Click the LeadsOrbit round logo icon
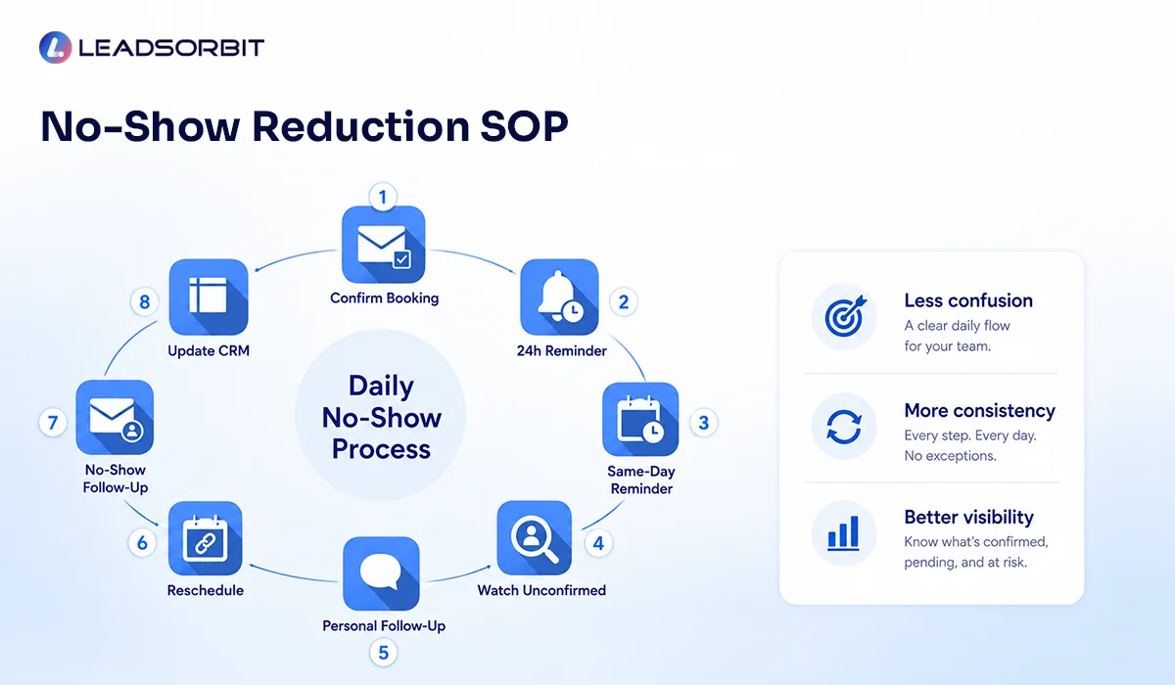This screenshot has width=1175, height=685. point(55,48)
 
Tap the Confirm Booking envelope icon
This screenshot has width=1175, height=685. point(384,245)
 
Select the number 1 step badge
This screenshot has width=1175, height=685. point(383,197)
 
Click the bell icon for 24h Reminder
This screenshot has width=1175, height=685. point(559,297)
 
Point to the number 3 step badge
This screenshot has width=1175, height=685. point(703,423)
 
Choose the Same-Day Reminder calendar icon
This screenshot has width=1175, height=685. point(640,419)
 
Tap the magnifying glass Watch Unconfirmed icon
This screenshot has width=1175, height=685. point(534,538)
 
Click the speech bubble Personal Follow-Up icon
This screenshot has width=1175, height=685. point(381,573)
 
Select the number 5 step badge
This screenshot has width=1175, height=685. point(384,653)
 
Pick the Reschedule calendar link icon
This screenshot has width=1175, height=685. point(205,538)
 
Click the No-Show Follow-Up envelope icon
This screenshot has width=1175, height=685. point(115,417)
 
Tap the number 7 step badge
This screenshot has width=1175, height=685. point(53,423)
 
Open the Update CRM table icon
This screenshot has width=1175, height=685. point(209,297)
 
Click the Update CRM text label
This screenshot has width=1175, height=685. point(209,350)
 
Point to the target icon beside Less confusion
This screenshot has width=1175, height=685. point(844,317)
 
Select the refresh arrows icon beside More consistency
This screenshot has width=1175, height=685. point(844,426)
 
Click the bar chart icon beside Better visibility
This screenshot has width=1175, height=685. point(844,533)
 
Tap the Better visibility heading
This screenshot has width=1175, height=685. point(968,518)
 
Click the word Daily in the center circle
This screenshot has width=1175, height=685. point(381,386)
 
